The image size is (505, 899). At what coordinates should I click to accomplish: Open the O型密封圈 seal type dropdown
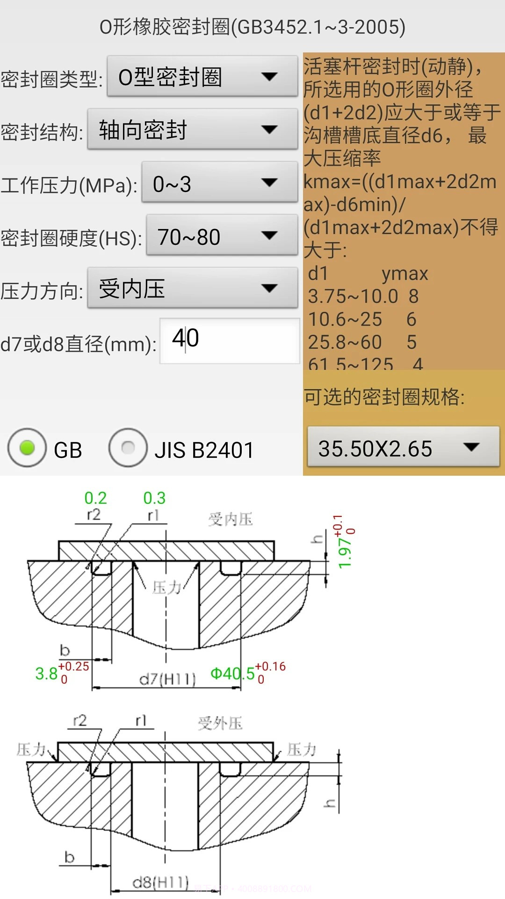coord(202,77)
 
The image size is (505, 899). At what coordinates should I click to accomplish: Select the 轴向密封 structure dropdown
coord(192,130)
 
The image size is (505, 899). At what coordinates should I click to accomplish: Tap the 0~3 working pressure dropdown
coord(219,183)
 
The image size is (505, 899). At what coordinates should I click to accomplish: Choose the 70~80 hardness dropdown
coord(222,236)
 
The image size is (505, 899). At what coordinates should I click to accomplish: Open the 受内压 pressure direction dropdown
coord(192,288)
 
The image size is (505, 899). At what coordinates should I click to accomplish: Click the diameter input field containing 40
coord(229,340)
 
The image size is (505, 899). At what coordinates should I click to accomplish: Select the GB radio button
coord(27,448)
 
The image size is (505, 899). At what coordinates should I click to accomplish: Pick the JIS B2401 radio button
coord(128,448)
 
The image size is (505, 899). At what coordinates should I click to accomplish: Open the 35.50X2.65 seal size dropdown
coord(403,448)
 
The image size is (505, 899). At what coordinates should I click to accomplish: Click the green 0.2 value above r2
coord(95,498)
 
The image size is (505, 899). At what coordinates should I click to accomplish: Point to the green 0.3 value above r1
coord(154,498)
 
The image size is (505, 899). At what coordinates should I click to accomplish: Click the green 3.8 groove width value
coord(46,674)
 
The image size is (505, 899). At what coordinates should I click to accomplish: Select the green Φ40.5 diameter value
coord(232,674)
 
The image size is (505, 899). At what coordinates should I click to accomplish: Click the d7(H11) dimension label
coord(167,678)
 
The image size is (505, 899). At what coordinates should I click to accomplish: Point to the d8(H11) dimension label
coord(160,883)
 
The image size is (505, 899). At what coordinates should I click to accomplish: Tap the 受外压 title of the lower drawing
coord(220,723)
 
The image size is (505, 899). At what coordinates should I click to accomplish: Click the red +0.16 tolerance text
coord(270,667)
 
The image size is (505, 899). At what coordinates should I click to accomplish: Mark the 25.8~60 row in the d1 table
coord(345,342)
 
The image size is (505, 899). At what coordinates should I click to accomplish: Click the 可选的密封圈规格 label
coord(384,397)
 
